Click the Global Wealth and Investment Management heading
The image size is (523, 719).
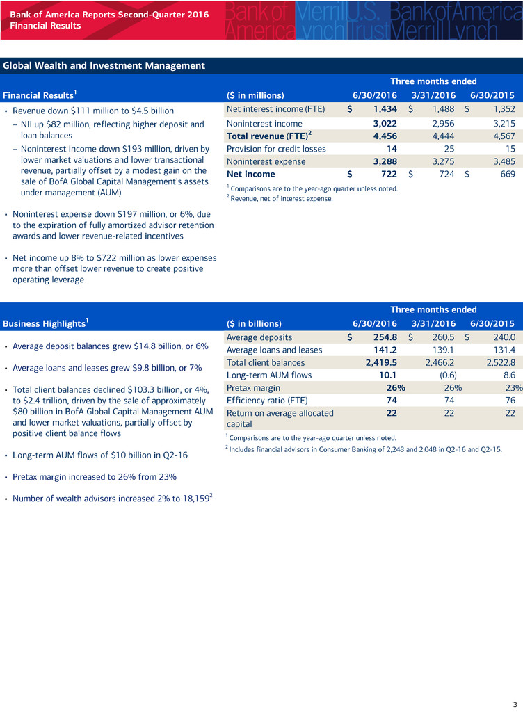[x=104, y=66]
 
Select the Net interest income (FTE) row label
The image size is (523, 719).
[x=276, y=109]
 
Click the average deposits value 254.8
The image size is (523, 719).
[x=382, y=337]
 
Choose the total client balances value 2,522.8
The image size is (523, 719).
[x=495, y=362]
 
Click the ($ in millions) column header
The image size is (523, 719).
[x=255, y=95]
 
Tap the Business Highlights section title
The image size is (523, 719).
[x=46, y=323]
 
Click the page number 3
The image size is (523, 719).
[x=513, y=702]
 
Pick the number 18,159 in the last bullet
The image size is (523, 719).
[x=192, y=499]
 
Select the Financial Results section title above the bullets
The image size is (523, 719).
[x=38, y=95]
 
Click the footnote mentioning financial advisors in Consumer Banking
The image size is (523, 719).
[x=364, y=449]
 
